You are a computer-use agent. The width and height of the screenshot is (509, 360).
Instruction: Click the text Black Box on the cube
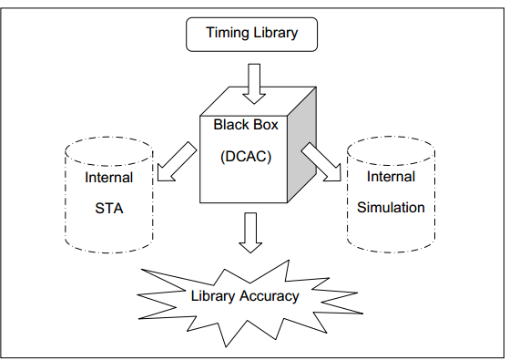click(246, 125)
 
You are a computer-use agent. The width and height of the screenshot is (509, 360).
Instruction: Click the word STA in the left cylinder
click(108, 208)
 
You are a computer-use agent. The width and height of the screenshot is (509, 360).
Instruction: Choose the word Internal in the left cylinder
click(108, 178)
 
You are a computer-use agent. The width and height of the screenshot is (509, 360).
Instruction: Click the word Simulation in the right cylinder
click(391, 207)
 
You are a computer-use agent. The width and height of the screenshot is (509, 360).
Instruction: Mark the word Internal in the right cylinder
click(391, 177)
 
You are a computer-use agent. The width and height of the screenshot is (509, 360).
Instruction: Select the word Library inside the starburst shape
click(212, 295)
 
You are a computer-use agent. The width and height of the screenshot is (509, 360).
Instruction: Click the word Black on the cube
click(229, 125)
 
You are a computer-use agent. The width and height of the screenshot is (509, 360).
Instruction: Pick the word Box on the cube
click(266, 125)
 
